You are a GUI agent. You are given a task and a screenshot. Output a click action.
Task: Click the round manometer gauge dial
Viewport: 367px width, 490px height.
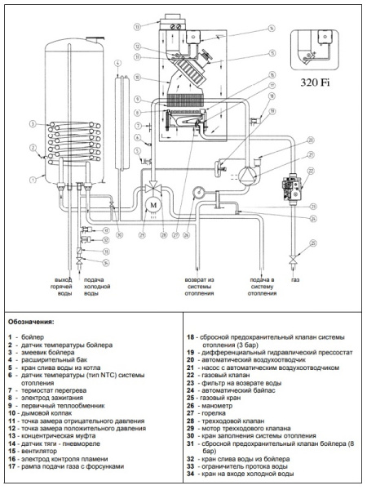point(198,194)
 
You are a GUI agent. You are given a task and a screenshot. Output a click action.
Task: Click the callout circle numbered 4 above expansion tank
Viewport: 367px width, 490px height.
point(117,63)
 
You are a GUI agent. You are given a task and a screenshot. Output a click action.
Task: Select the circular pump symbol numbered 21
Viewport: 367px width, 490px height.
point(243,172)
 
